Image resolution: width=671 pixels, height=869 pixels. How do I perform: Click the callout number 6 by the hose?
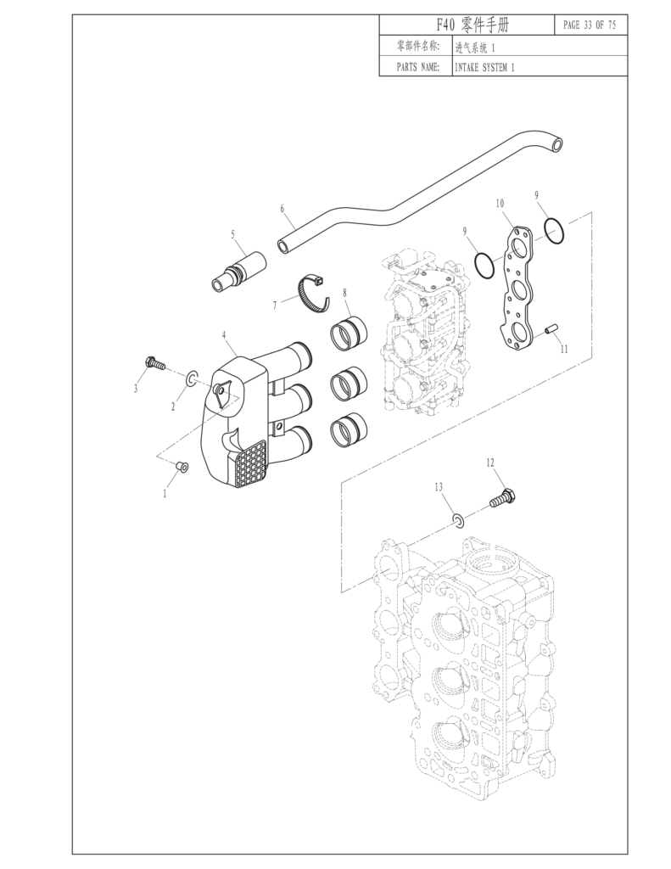click(x=282, y=208)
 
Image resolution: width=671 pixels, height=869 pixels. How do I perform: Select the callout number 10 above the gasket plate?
click(x=500, y=204)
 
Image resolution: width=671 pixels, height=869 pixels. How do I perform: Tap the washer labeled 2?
click(x=193, y=376)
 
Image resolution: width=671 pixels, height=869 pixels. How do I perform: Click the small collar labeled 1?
click(x=181, y=466)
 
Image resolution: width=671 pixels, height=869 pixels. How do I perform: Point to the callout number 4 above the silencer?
click(x=224, y=336)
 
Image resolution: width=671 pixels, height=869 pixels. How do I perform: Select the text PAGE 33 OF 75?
click(x=589, y=25)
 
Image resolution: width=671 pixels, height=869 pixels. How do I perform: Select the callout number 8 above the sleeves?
click(x=345, y=293)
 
